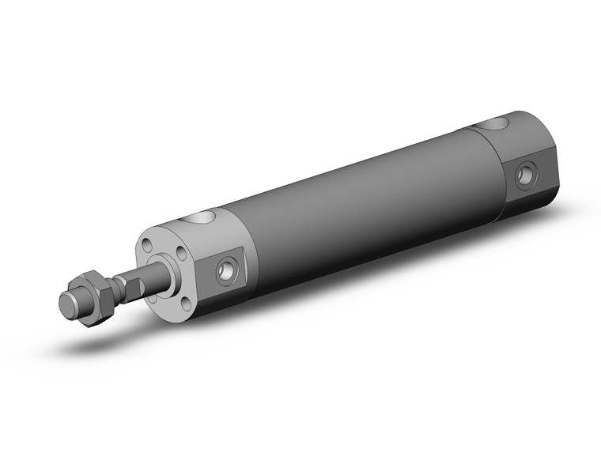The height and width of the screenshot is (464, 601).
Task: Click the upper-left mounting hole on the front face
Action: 148,247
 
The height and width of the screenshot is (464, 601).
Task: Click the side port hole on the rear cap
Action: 525,175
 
